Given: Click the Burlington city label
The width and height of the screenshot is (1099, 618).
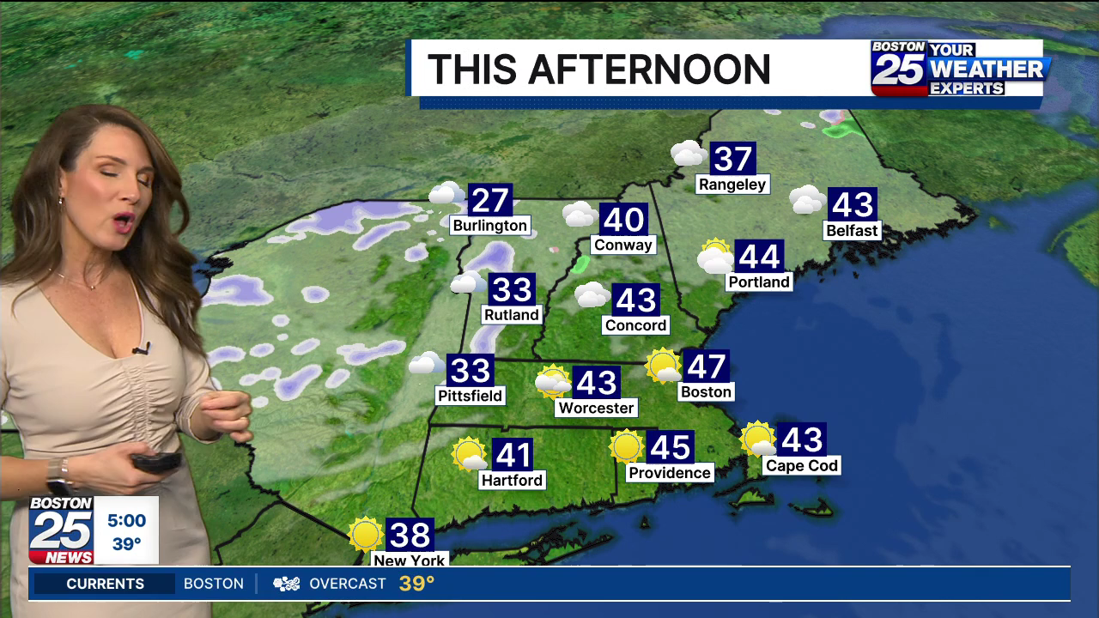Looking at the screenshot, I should [490, 226].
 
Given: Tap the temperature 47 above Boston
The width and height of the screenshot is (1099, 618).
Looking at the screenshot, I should [707, 367].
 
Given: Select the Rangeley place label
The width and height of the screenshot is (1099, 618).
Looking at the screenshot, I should [732, 184].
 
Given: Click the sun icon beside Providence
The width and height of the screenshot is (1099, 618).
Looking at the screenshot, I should [627, 446].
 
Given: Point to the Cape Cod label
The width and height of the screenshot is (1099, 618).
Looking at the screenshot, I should [801, 465].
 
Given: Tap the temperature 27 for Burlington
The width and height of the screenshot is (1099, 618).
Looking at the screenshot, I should [490, 200].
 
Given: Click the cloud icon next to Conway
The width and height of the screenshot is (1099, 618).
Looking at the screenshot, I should [580, 215].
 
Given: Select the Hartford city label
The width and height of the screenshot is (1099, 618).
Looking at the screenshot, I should [512, 480].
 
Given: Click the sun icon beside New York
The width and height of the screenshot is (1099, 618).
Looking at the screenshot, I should [366, 534].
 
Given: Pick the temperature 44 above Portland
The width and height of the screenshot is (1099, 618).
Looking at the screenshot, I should [759, 256].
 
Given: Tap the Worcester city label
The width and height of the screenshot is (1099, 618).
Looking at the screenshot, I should [596, 408].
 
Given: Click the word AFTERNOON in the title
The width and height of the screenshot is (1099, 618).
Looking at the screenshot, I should [649, 70].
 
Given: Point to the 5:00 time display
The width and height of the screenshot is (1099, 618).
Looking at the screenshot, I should [126, 520].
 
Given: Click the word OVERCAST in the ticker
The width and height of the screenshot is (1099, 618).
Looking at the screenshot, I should [347, 584].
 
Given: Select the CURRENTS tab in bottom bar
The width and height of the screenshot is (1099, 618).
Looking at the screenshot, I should [105, 584].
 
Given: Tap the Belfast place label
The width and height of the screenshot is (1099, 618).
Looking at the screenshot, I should [852, 230].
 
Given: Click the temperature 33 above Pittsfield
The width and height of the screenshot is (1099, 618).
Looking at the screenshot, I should [471, 370].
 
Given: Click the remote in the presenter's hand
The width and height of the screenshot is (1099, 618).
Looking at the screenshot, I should [155, 461].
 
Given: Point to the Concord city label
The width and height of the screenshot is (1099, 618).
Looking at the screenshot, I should [635, 324].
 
